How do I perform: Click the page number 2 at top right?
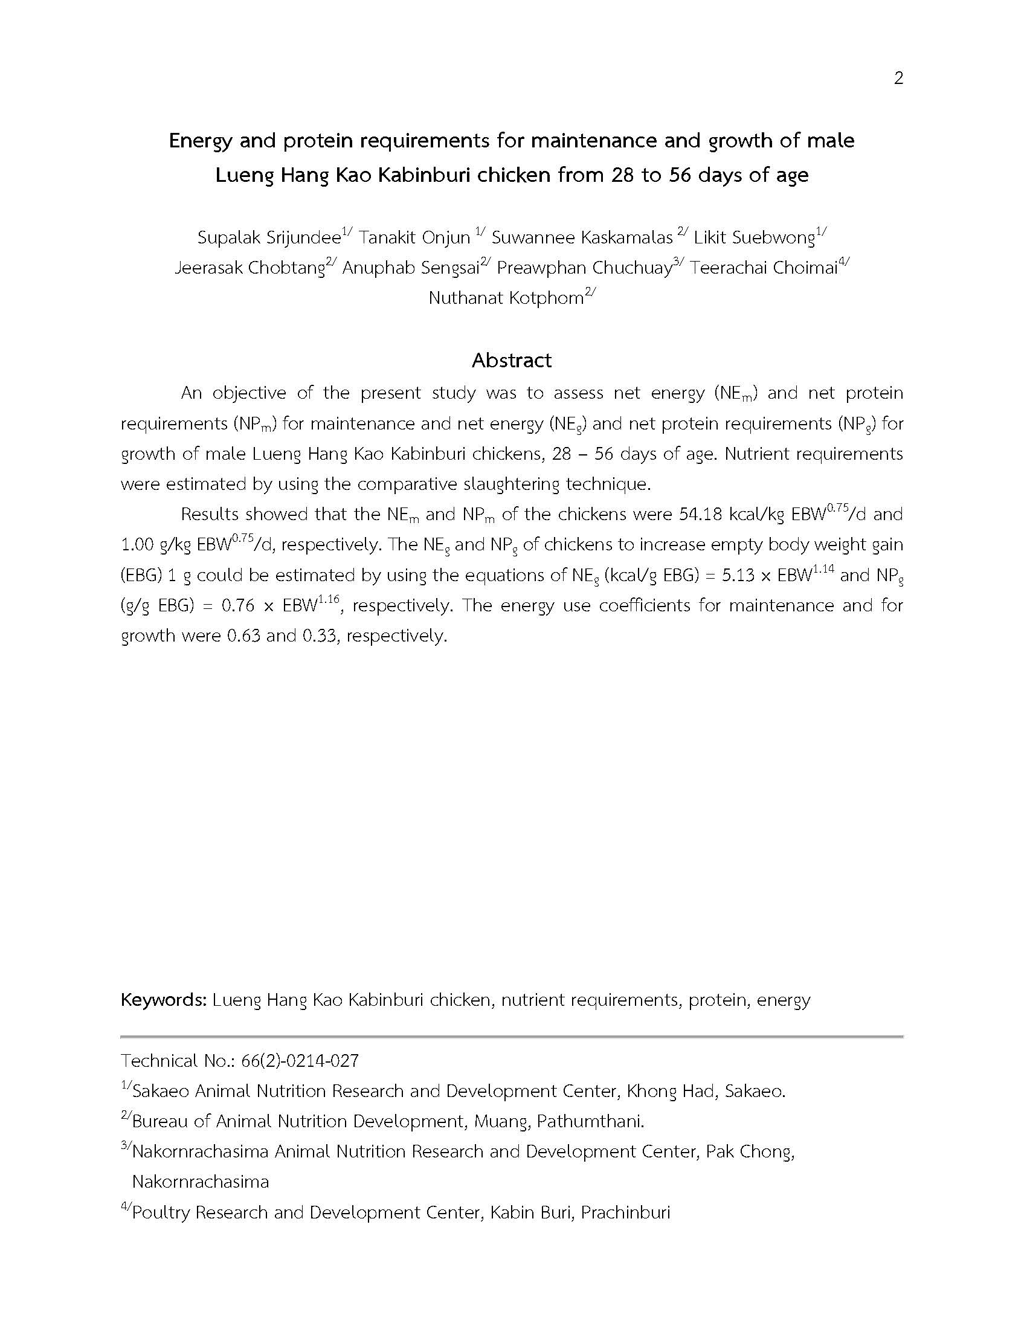[898, 78]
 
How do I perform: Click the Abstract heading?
[512, 360]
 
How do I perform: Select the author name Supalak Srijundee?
[269, 237]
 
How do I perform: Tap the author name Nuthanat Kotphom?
[506, 298]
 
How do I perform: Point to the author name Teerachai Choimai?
[764, 268]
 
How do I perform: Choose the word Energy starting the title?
[201, 141]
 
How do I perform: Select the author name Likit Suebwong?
[754, 237]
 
